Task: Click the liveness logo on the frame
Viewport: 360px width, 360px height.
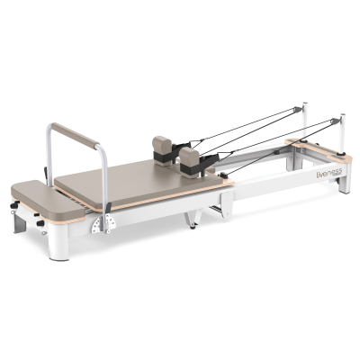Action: tap(329, 175)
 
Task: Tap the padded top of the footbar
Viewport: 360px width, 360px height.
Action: tap(75, 134)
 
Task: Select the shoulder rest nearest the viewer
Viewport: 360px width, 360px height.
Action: tap(190, 157)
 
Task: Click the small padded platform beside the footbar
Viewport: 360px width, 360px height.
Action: tap(48, 200)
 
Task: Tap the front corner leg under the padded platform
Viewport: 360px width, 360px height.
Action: tap(58, 242)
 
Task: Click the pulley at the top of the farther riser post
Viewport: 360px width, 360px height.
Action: tap(298, 109)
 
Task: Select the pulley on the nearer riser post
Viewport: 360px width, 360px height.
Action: tap(336, 121)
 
